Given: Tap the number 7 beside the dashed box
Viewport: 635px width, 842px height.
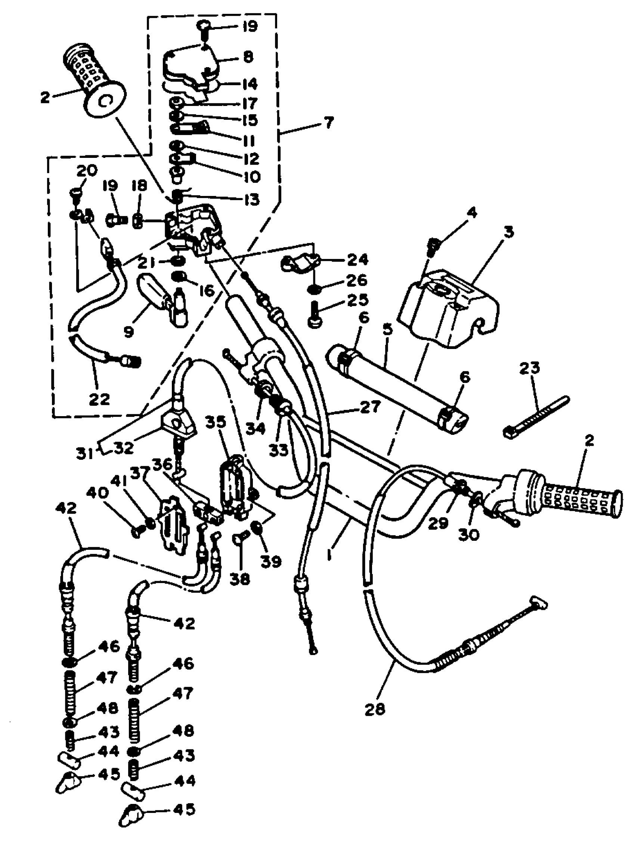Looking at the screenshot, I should point(328,123).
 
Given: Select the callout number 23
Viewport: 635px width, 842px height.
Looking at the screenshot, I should point(530,368).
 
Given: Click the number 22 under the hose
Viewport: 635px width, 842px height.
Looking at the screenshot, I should point(99,399).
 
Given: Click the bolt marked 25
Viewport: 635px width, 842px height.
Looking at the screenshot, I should point(315,315).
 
